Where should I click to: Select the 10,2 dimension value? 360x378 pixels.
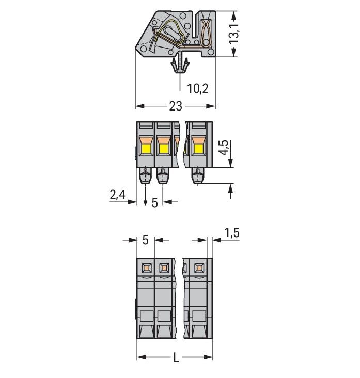[197, 88]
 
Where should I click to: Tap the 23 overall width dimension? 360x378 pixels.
[176, 106]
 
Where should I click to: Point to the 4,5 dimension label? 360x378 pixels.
[224, 146]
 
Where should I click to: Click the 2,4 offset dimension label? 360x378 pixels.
[118, 195]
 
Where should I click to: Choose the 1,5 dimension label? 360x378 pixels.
[232, 233]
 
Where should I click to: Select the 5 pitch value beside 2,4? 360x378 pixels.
[154, 202]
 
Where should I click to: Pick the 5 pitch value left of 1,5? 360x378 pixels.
[145, 240]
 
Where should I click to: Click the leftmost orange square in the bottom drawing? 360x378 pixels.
[146, 267]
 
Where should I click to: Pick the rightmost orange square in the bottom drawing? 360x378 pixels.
[198, 267]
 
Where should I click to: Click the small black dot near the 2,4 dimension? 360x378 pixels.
[145, 202]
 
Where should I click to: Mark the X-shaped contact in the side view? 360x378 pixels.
[206, 29]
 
